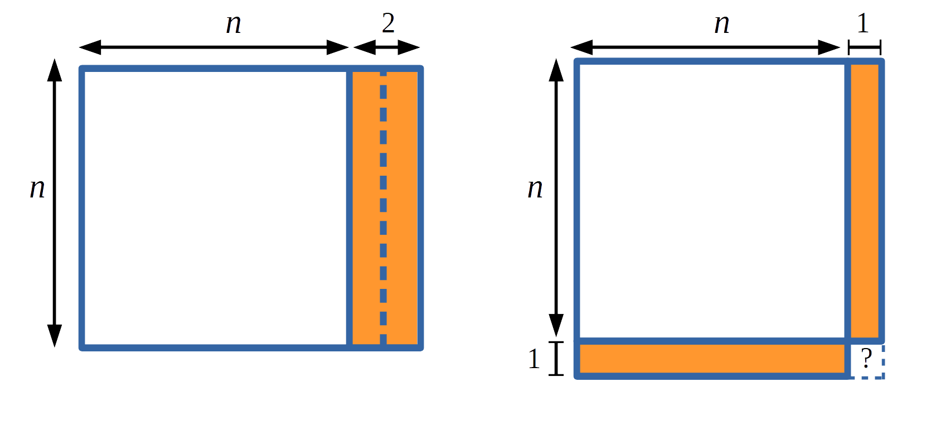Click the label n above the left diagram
(234, 24)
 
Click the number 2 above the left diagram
(388, 23)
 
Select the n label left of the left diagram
(37, 189)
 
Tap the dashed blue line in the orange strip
(383, 206)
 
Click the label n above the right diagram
(722, 24)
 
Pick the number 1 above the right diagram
(863, 23)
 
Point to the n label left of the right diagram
(535, 189)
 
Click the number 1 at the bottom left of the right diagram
(534, 359)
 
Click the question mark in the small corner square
(866, 358)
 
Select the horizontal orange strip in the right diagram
(712, 359)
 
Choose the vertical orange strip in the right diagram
(865, 201)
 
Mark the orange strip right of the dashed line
(401, 206)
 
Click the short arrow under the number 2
(386, 48)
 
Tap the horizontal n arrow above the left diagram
(214, 47)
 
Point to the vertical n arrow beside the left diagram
(54, 203)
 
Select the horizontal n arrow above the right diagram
(705, 48)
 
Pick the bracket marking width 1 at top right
(864, 47)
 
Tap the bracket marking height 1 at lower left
(556, 359)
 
